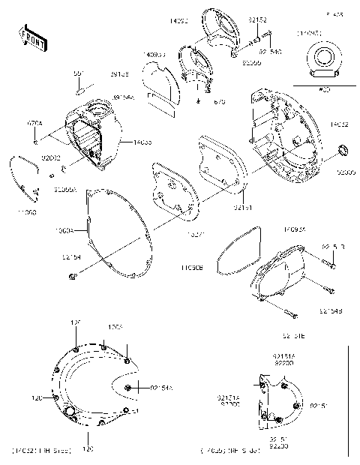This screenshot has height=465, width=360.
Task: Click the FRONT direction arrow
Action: (30, 37)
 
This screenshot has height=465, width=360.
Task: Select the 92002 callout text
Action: (51, 158)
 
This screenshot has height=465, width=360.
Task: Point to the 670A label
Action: (36, 123)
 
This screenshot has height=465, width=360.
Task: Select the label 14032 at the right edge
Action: (340, 124)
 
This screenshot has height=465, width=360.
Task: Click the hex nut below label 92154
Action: (70, 278)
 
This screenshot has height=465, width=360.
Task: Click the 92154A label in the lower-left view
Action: (162, 388)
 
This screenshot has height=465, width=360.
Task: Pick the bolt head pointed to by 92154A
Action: (130, 387)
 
